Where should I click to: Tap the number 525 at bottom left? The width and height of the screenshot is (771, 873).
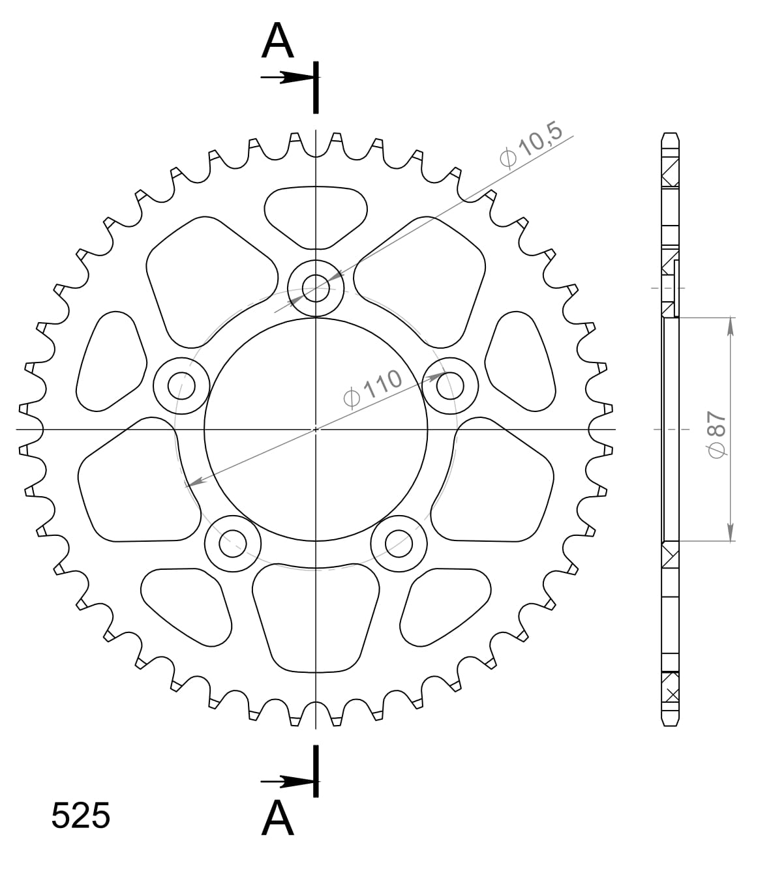pos(81,816)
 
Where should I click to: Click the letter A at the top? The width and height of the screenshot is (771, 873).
pos(278,41)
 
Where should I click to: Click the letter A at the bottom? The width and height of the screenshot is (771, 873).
pos(278,818)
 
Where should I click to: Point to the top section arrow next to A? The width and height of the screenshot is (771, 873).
pos(287,78)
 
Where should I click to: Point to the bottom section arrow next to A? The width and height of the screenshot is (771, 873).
pos(287,780)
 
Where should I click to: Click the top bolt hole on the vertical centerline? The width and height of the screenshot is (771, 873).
pos(316,288)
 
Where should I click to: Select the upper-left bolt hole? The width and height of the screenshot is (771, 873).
pos(181,386)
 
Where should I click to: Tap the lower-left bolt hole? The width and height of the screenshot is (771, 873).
pos(233,542)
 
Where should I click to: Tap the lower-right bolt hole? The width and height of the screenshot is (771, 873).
pos(399,542)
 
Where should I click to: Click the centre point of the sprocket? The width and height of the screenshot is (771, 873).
pos(316,429)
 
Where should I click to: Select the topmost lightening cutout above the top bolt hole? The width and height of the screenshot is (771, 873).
pos(316,213)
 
